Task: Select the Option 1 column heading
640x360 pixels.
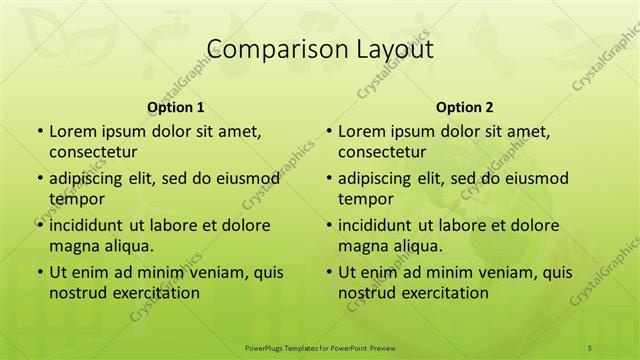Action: [x=175, y=106]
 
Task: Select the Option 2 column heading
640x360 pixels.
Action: [x=464, y=106]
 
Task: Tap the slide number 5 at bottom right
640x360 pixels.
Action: [x=590, y=347]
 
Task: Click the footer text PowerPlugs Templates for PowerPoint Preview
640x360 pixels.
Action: [x=320, y=347]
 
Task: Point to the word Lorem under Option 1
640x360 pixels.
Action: [x=72, y=131]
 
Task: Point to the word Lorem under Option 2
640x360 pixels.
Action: [x=361, y=131]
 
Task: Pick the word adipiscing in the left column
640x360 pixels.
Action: [x=89, y=178]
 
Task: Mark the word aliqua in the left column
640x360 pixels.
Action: [x=125, y=245]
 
